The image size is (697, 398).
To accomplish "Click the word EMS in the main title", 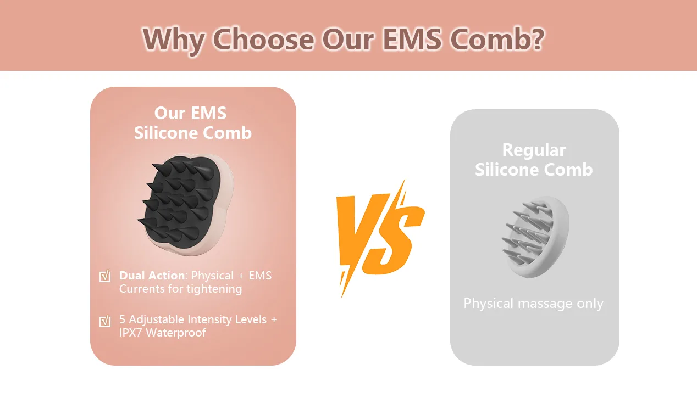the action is [x=412, y=39].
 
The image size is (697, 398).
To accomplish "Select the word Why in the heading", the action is [x=174, y=41].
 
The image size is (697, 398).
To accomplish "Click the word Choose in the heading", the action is [x=263, y=39].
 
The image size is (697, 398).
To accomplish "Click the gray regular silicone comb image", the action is [x=536, y=237].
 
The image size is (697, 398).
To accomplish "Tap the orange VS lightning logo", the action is [x=380, y=238].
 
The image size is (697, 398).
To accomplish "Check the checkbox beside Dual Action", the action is [x=105, y=276].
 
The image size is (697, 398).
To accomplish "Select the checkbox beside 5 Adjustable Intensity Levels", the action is [x=105, y=321].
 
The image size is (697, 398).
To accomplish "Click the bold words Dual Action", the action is [x=152, y=276].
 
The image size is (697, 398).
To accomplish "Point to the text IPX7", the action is [x=131, y=333].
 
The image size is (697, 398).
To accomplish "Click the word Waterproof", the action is [x=176, y=333].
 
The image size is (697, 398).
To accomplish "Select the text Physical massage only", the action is [x=533, y=304].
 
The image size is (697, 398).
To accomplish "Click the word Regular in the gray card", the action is [x=534, y=150].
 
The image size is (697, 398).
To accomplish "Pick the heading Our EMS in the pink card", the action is [x=190, y=113].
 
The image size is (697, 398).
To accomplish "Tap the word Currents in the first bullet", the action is [x=142, y=289].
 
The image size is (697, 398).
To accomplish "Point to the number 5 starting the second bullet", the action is [x=122, y=319].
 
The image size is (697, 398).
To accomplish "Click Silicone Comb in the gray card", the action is [x=534, y=170].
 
